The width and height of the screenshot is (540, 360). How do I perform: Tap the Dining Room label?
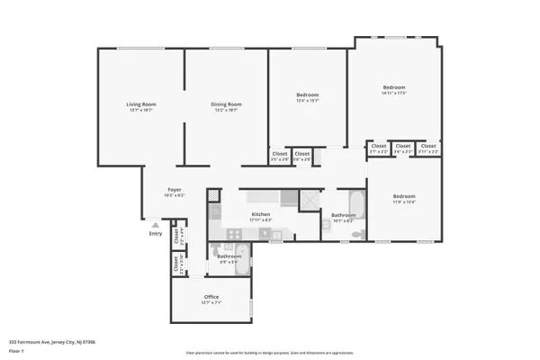pos(226,106)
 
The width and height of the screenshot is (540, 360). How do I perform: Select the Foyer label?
pos(175,191)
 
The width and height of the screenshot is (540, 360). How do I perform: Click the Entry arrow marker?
pos(163,225)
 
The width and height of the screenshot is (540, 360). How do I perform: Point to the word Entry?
pos(156,234)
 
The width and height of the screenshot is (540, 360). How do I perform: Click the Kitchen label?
pos(260,215)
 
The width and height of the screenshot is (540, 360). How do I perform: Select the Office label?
pos(211,298)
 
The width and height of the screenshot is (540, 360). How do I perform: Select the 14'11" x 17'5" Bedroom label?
pos(394,88)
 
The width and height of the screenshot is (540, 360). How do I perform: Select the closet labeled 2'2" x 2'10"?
pos(176,264)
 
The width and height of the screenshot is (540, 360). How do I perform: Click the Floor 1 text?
pos(16,350)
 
